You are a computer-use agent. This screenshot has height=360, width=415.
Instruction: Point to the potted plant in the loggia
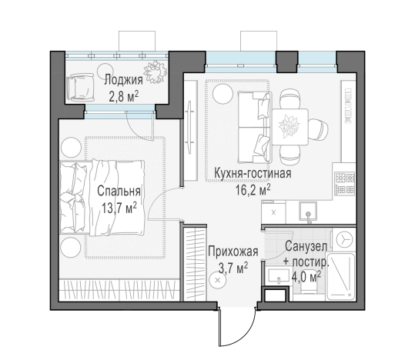[x=157, y=72]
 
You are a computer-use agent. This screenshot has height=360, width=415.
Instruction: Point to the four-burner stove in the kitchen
[x=343, y=183]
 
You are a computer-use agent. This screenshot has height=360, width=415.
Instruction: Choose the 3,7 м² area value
[x=229, y=267]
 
